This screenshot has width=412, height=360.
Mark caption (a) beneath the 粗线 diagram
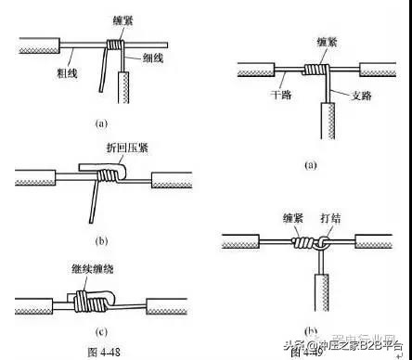click(x=101, y=122)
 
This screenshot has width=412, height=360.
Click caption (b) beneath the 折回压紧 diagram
click(x=101, y=243)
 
